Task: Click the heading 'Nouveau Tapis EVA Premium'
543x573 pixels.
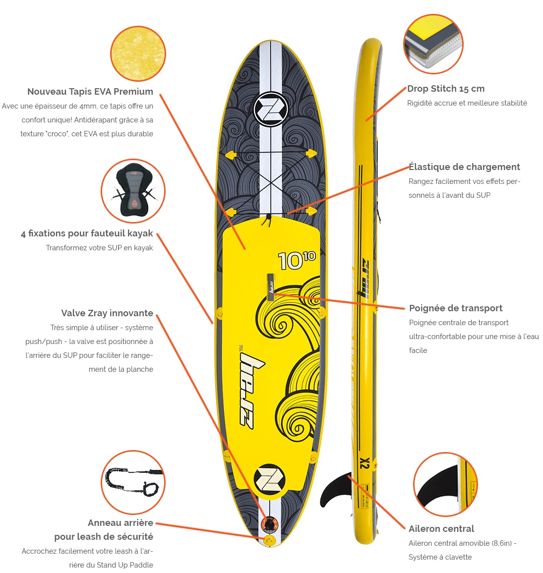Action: pyautogui.click(x=90, y=91)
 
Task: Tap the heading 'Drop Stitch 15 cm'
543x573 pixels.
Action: pyautogui.click(x=446, y=88)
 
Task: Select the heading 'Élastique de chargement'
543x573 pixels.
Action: pyautogui.click(x=464, y=167)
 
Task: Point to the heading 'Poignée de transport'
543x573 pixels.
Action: pyautogui.click(x=456, y=308)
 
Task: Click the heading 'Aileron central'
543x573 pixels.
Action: pyautogui.click(x=441, y=528)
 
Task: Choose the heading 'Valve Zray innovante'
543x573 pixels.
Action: pyautogui.click(x=107, y=313)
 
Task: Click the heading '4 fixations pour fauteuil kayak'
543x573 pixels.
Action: pyautogui.click(x=87, y=233)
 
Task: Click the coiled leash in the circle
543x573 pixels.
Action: pyautogui.click(x=133, y=482)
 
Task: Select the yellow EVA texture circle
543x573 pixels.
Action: pyautogui.click(x=138, y=54)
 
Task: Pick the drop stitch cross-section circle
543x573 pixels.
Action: pyautogui.click(x=433, y=44)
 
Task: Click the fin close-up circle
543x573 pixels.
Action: pyautogui.click(x=445, y=484)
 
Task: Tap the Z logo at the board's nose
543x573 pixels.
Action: pyautogui.click(x=271, y=109)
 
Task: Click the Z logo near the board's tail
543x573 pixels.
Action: pyautogui.click(x=270, y=479)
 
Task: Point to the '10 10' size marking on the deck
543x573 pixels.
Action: pyautogui.click(x=297, y=260)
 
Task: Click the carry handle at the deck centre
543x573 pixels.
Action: pyautogui.click(x=271, y=287)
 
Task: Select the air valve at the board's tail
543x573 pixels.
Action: pyautogui.click(x=269, y=525)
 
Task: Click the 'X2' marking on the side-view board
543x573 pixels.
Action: pyautogui.click(x=364, y=463)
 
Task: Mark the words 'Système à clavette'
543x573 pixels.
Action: pyautogui.click(x=440, y=557)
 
